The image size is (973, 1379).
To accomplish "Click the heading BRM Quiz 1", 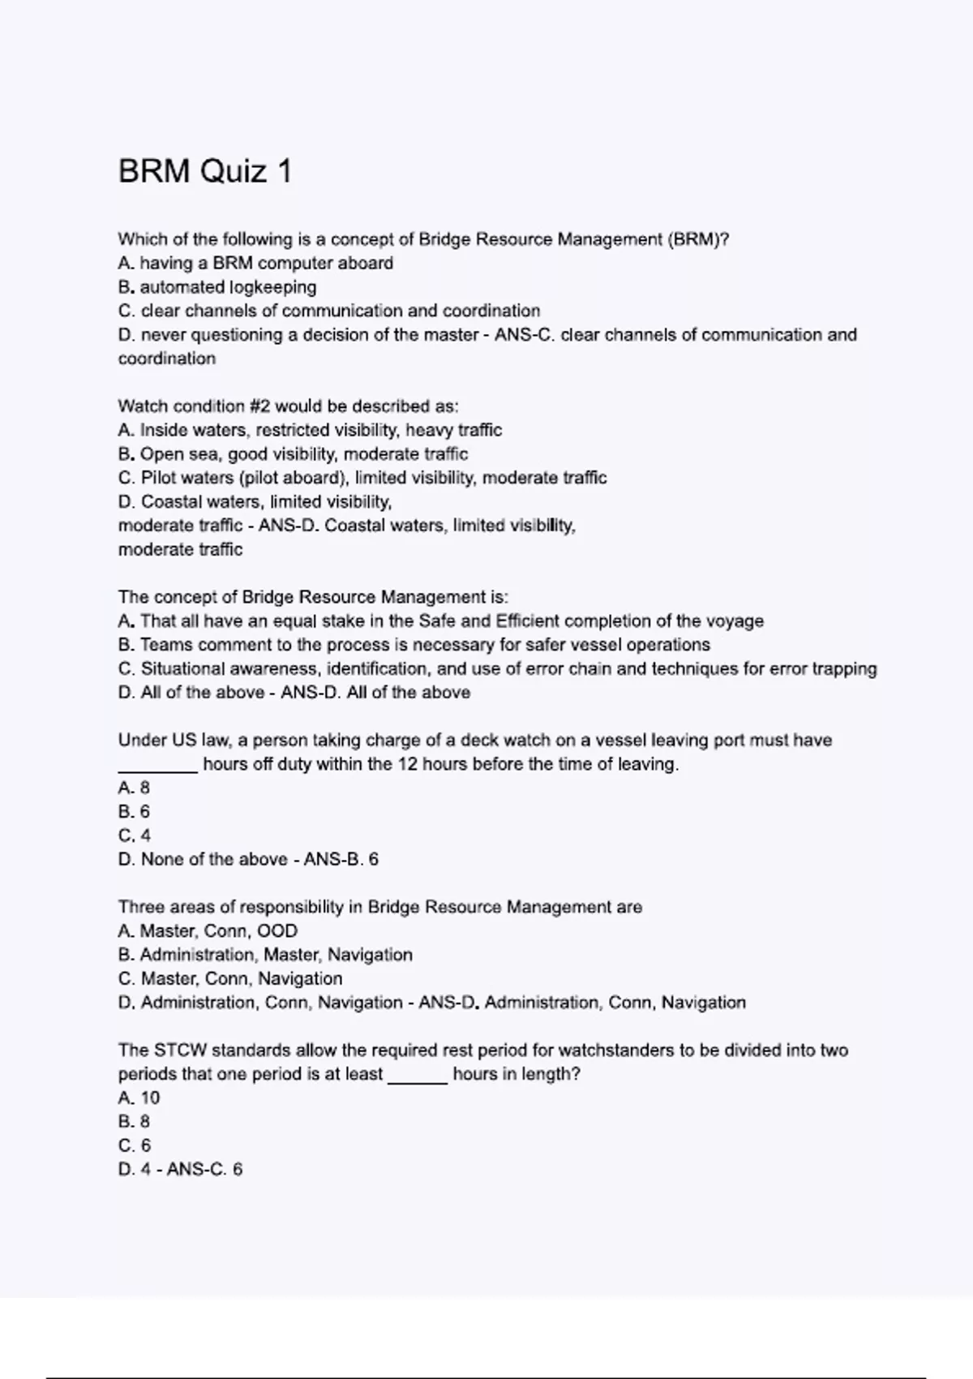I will [204, 172].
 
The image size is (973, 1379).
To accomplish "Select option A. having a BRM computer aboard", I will [255, 263].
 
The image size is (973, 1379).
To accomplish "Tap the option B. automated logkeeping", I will [217, 287].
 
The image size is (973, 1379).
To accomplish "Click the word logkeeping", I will [272, 287].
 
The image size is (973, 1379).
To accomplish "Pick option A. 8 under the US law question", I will [134, 788].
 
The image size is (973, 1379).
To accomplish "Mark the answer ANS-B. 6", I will [341, 859].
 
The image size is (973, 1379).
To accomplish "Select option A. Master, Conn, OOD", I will [208, 930].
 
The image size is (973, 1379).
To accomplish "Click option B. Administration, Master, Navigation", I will [265, 955].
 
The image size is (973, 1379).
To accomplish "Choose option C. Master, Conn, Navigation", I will [230, 978].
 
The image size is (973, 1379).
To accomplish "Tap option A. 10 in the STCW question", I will [139, 1098].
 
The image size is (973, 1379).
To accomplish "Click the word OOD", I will [277, 930].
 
